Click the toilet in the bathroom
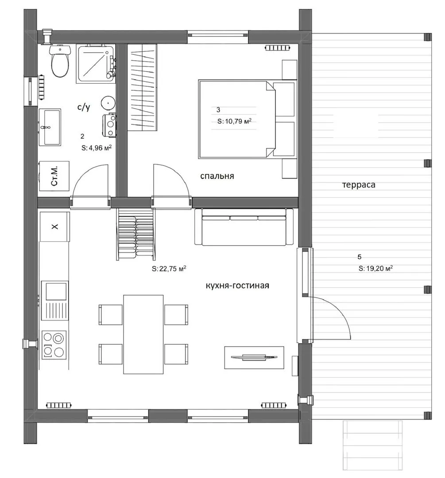(x=59, y=61)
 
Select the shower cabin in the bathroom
(x=96, y=63)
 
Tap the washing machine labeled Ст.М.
(x=54, y=176)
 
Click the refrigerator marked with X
(x=54, y=227)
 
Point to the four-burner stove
(x=54, y=344)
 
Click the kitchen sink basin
(x=56, y=291)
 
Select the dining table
(x=143, y=334)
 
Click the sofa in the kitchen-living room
(x=244, y=227)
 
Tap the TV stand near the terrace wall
(x=254, y=357)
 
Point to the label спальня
(x=217, y=176)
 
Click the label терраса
(x=359, y=185)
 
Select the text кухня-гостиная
(x=238, y=285)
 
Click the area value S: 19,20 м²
(x=375, y=268)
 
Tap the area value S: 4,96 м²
(x=97, y=148)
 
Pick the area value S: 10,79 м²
(x=234, y=121)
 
